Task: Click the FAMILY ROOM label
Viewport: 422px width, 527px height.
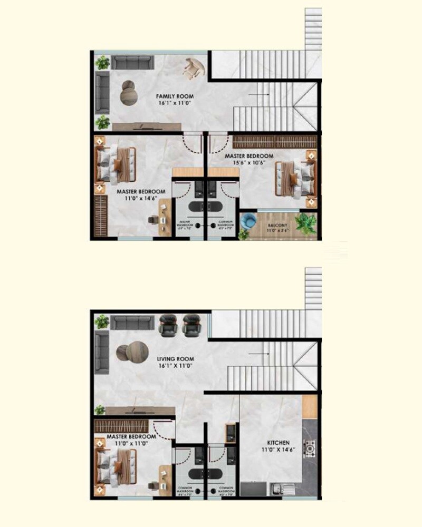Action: pyautogui.click(x=175, y=96)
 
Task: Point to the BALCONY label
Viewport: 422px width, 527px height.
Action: pyautogui.click(x=279, y=223)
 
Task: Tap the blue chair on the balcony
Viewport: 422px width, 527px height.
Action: pyautogui.click(x=246, y=222)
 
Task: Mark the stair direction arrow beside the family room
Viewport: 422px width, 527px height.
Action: pyautogui.click(x=258, y=95)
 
